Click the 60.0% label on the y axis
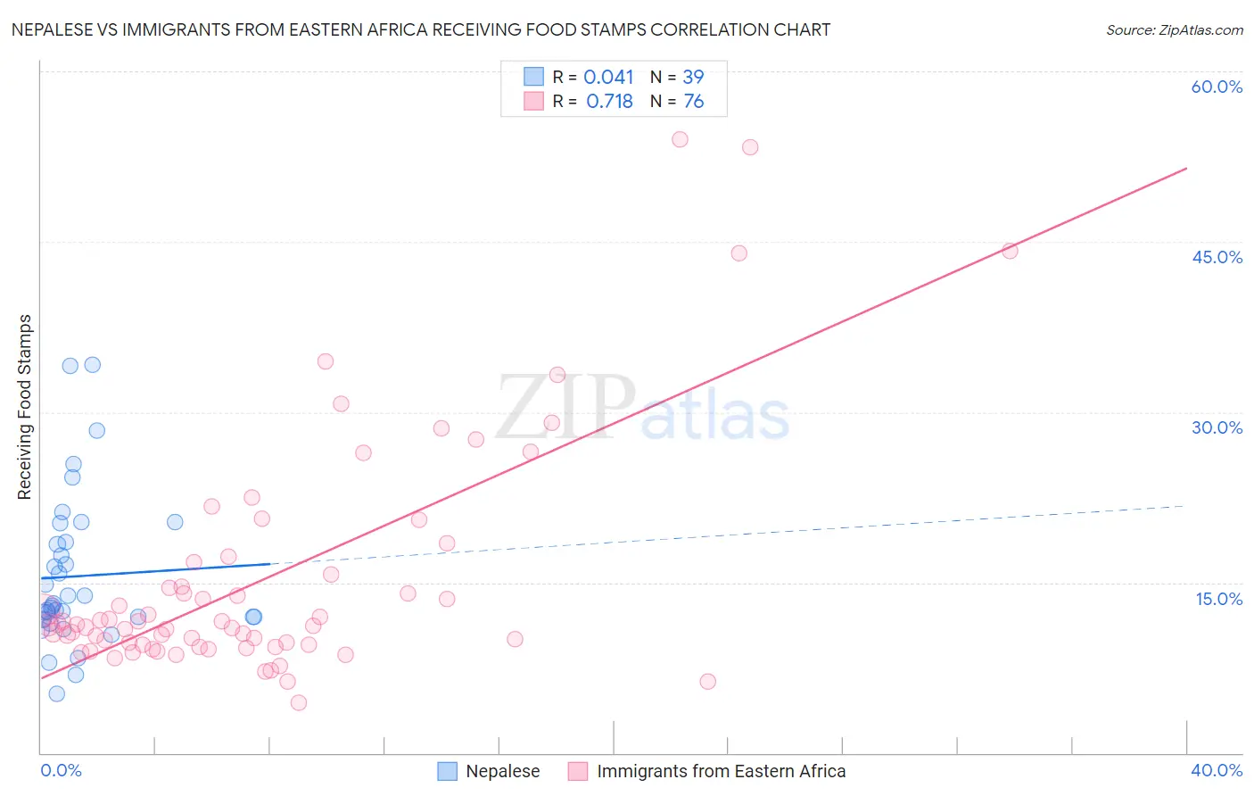[x=1217, y=87]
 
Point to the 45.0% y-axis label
[x=1217, y=257]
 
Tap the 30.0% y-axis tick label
[x=1217, y=427]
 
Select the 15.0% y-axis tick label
[x=1218, y=599]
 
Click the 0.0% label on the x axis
[x=61, y=770]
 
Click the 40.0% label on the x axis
[x=1217, y=770]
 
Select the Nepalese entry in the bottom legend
[x=502, y=771]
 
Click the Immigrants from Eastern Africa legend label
[x=721, y=771]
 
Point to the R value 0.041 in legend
[x=608, y=78]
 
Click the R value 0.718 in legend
[x=609, y=102]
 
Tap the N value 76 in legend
[x=693, y=102]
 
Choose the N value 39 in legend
[x=693, y=78]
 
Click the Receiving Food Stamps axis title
[x=25, y=407]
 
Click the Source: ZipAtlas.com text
[x=1174, y=30]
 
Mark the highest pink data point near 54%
[x=680, y=139]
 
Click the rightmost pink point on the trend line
[x=1010, y=251]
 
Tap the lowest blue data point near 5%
[x=56, y=693]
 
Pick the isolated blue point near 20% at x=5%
[x=175, y=522]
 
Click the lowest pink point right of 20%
[x=707, y=681]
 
